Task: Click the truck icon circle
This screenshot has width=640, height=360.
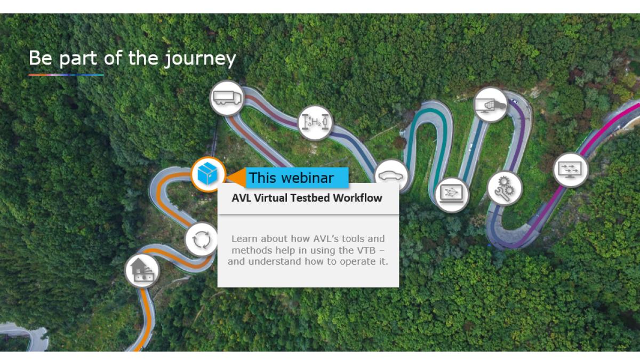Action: click(227, 98)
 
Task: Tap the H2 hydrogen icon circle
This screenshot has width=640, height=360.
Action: click(315, 123)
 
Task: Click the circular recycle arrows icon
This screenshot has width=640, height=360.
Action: click(202, 239)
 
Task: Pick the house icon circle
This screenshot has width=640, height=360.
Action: click(142, 270)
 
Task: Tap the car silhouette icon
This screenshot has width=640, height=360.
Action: click(391, 176)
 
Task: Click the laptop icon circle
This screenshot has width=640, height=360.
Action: click(452, 195)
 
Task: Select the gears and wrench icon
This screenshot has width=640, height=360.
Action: click(505, 188)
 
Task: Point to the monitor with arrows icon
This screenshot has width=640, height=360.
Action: click(571, 170)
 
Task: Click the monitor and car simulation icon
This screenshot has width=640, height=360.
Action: click(491, 105)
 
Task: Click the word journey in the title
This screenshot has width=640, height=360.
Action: click(201, 59)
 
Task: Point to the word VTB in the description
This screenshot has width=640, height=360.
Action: click(366, 250)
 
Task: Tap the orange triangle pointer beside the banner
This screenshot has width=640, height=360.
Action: click(237, 178)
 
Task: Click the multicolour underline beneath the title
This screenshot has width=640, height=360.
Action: click(66, 75)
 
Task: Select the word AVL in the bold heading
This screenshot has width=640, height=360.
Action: click(242, 198)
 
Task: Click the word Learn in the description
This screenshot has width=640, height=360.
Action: click(245, 238)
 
